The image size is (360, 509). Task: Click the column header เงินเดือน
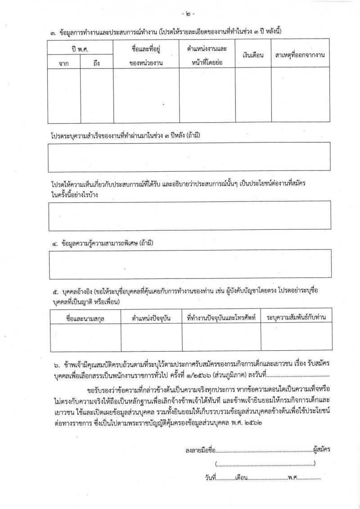(x=253, y=55)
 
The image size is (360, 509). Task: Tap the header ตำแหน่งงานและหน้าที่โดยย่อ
(x=207, y=55)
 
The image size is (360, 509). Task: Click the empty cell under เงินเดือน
(x=253, y=95)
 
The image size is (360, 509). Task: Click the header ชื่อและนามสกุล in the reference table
(x=85, y=318)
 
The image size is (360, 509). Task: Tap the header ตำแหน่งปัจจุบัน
(x=151, y=318)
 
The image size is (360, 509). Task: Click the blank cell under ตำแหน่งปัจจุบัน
(x=151, y=337)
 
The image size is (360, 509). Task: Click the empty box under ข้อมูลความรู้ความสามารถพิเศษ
(x=189, y=264)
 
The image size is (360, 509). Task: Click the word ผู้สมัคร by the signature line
(x=321, y=448)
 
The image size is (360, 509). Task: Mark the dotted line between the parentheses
(x=265, y=464)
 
